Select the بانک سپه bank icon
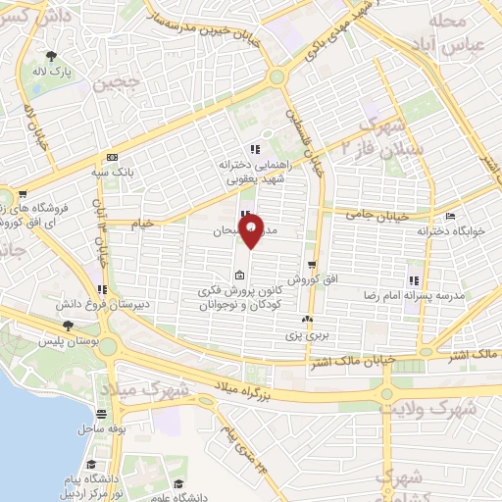click(111, 156)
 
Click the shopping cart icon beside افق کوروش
click(311, 265)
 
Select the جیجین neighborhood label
click(118, 86)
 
